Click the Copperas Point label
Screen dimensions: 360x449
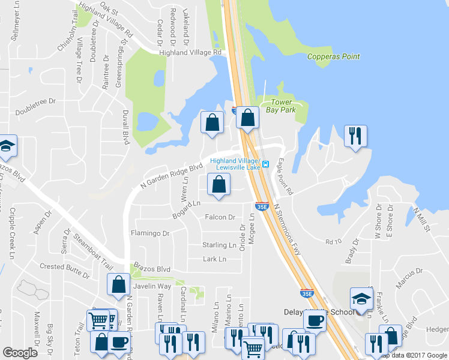[x=333, y=57]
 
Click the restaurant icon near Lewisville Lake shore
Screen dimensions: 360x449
[x=354, y=136]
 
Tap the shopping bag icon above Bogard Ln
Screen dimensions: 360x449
[x=218, y=185]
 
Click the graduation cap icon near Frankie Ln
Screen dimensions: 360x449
[x=361, y=298]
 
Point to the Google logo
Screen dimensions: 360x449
[x=20, y=353]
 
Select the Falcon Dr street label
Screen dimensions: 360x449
[x=220, y=217]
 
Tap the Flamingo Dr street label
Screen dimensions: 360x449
[x=150, y=233]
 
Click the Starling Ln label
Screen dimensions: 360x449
[x=219, y=245]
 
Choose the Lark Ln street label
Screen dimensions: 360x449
[x=214, y=259]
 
